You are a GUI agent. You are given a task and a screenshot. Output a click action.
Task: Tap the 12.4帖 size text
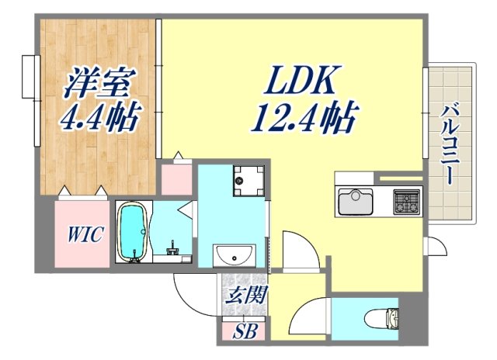pyautogui.click(x=303, y=118)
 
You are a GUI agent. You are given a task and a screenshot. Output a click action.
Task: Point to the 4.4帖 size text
pyautogui.click(x=101, y=118)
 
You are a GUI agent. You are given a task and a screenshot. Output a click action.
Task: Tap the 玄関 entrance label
pyautogui.click(x=247, y=294)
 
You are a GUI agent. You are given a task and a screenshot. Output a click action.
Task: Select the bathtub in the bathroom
pyautogui.click(x=133, y=231)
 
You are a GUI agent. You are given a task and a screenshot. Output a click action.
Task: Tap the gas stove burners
pyautogui.click(x=406, y=202)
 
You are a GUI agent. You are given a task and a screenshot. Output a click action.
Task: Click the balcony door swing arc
pyautogui.click(x=437, y=247)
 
